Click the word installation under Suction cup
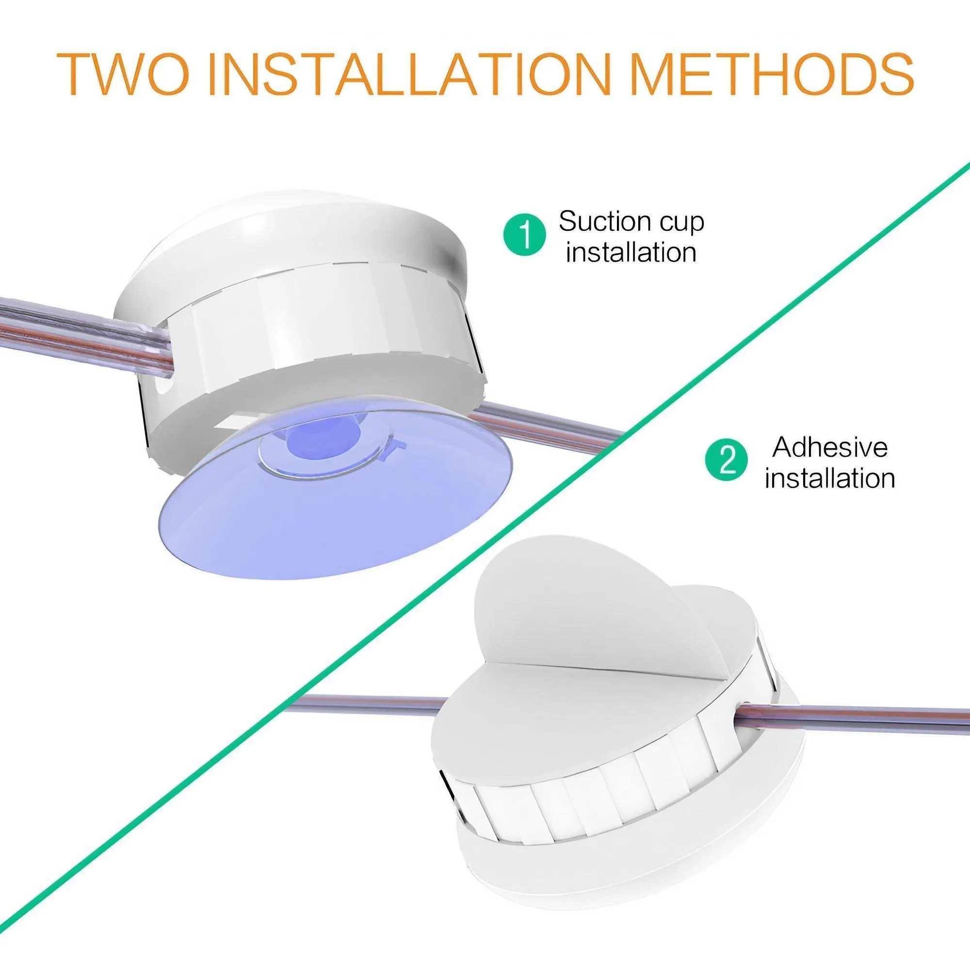[x=631, y=252]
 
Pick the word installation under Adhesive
[x=830, y=478]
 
